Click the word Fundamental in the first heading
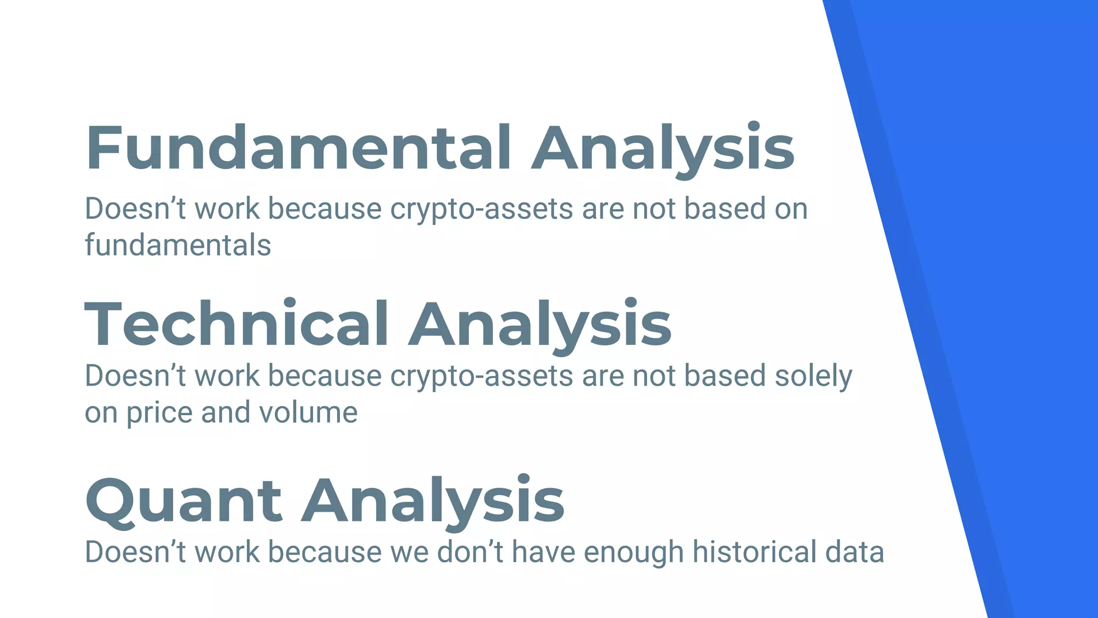click(298, 148)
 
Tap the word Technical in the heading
click(236, 325)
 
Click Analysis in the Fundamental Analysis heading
click(663, 148)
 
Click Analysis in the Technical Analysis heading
click(539, 325)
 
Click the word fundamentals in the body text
click(178, 245)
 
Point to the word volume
click(308, 413)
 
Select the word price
click(159, 413)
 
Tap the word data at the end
click(855, 552)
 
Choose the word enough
click(633, 552)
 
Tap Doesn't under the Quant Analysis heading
click(135, 552)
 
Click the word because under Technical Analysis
click(324, 376)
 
